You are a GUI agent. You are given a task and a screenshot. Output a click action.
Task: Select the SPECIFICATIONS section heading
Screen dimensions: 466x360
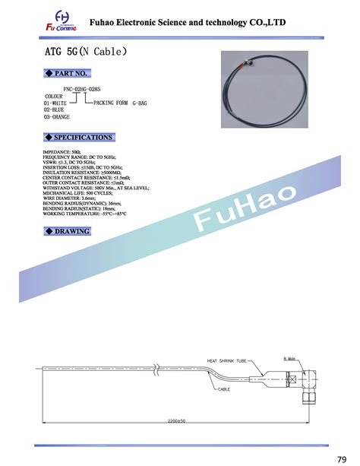coord(79,138)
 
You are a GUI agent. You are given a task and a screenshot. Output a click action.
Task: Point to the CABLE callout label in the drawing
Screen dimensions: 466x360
coord(223,389)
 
